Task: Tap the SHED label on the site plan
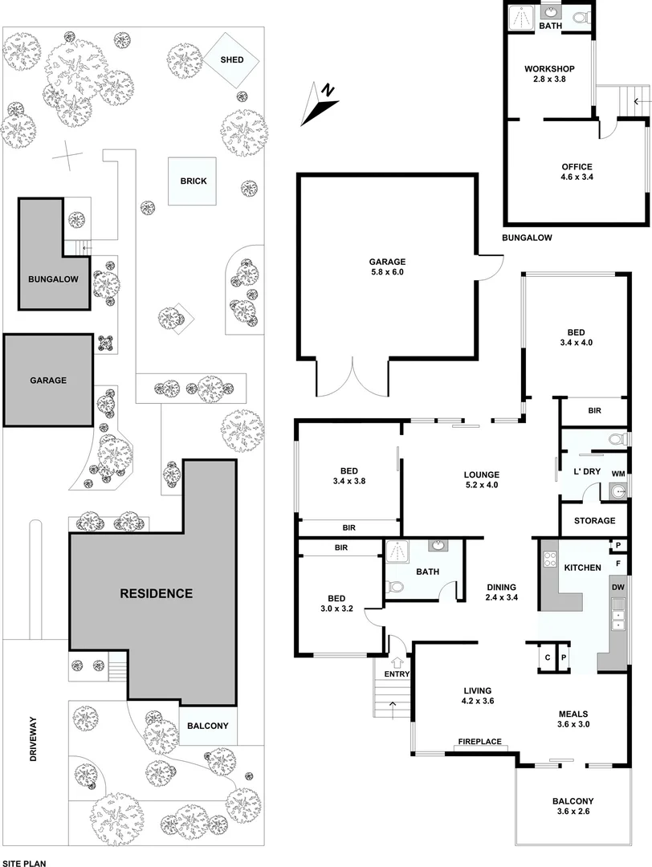[x=231, y=60]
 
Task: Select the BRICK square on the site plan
[x=193, y=181]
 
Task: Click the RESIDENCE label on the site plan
[x=157, y=594]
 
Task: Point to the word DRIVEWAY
[x=34, y=739]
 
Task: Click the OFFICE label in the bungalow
[x=576, y=167]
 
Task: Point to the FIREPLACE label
[x=480, y=741]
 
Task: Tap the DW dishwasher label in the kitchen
[x=617, y=587]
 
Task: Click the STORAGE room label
[x=595, y=521]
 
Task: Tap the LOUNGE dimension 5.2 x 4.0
[x=482, y=485]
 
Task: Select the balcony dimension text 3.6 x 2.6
[x=573, y=812]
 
